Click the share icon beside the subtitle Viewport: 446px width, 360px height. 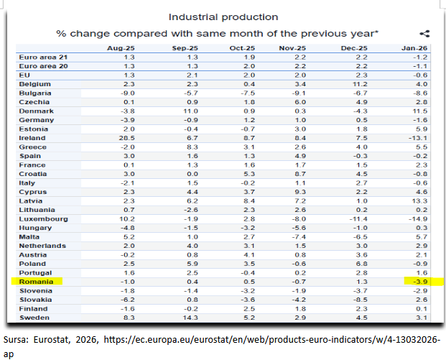pyautogui.click(x=424, y=33)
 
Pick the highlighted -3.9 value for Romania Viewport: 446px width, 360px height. pyautogui.click(x=419, y=282)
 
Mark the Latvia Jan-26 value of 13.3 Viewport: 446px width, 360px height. pyautogui.click(x=419, y=200)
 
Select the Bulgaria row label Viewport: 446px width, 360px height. pyautogui.click(x=35, y=92)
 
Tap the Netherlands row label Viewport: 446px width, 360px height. pyautogui.click(x=41, y=246)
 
